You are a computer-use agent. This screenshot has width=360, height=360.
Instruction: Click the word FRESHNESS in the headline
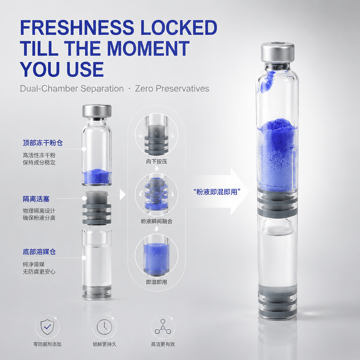(77, 27)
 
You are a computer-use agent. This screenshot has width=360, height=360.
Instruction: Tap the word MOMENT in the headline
(148, 49)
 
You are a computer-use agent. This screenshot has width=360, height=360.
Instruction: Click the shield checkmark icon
(47, 327)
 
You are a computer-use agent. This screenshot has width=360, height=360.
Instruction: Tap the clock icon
(104, 327)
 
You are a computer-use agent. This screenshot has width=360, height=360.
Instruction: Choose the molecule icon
(163, 327)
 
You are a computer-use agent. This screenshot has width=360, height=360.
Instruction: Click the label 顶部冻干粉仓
(43, 143)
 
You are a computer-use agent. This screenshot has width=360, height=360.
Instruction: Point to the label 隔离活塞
(36, 199)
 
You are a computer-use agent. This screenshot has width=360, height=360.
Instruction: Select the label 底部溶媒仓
(39, 252)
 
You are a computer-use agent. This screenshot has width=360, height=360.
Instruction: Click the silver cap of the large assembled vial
(277, 52)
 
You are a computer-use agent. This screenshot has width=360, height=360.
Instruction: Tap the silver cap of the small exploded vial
(97, 111)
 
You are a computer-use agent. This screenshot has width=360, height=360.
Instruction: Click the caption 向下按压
(157, 162)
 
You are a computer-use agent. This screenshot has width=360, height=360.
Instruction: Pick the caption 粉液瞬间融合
(157, 221)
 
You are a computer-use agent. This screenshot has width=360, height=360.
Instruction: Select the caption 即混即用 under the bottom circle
(157, 282)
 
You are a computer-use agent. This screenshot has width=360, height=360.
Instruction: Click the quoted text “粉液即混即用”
(217, 192)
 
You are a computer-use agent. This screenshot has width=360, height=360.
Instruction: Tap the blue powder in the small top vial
(97, 176)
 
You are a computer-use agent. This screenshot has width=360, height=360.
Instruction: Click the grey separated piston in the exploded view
(97, 207)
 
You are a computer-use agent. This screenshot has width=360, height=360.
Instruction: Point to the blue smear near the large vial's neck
(266, 81)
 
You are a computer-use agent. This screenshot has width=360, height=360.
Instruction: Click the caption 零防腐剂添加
(47, 344)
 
